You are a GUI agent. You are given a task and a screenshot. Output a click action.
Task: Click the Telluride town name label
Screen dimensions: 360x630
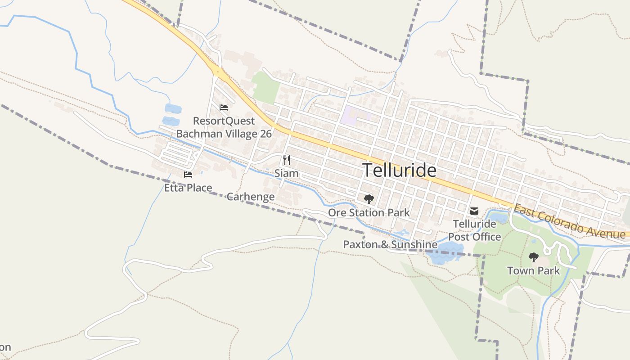[399, 171]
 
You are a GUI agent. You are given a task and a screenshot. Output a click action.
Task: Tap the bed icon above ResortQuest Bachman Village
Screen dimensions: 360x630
[224, 108]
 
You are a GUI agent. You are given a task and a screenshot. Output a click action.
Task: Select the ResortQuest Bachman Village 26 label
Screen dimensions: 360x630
[224, 127]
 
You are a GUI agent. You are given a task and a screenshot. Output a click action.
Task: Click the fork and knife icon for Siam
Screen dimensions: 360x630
[286, 160]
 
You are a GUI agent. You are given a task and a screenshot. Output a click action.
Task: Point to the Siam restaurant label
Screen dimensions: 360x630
[286, 173]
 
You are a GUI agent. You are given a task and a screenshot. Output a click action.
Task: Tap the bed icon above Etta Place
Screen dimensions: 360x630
[188, 175]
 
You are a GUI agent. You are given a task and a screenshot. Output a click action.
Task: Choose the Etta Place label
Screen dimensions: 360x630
[188, 188]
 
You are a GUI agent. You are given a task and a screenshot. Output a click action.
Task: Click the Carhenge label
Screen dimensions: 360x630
[250, 197]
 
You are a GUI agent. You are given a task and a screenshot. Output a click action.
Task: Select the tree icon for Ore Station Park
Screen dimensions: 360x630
[369, 199]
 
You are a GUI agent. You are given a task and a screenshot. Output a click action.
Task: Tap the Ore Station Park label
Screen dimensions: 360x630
[369, 212]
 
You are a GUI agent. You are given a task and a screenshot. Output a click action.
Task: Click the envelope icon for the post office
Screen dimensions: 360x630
[474, 211]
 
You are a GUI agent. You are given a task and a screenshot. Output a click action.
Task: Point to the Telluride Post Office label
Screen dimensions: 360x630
[477, 230]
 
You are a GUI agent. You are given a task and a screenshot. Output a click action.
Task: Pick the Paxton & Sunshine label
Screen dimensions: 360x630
[390, 244]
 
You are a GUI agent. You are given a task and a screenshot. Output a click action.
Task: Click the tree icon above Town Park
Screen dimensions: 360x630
[534, 257]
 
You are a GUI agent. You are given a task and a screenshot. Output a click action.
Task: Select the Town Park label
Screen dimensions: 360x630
[534, 270]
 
